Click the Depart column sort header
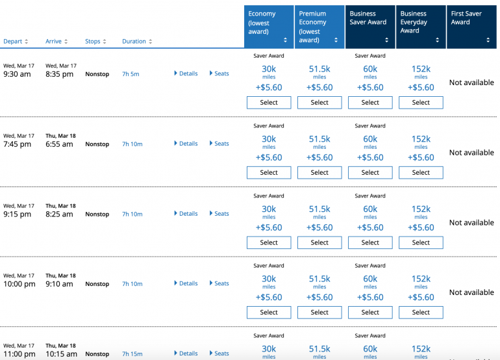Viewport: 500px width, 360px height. click(16, 42)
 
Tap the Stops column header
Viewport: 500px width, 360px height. click(96, 42)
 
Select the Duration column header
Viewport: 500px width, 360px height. click(137, 42)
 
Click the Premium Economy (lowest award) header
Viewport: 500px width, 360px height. click(319, 27)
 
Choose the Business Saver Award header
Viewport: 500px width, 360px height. click(369, 27)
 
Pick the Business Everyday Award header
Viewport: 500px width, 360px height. click(420, 27)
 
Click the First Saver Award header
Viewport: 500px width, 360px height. click(471, 27)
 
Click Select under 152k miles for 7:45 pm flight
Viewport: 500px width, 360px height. click(421, 172)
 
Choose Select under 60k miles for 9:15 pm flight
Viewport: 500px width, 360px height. click(370, 242)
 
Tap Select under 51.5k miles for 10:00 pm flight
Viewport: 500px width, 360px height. click(319, 312)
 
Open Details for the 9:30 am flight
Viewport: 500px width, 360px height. click(186, 73)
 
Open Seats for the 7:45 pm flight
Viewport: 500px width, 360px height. click(219, 144)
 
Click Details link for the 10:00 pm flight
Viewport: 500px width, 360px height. click(186, 283)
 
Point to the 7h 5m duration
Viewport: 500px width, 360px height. click(131, 74)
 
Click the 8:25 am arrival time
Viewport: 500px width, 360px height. click(59, 214)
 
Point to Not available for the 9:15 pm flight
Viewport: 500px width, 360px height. click(471, 222)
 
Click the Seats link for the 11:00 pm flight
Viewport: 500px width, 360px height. click(219, 354)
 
